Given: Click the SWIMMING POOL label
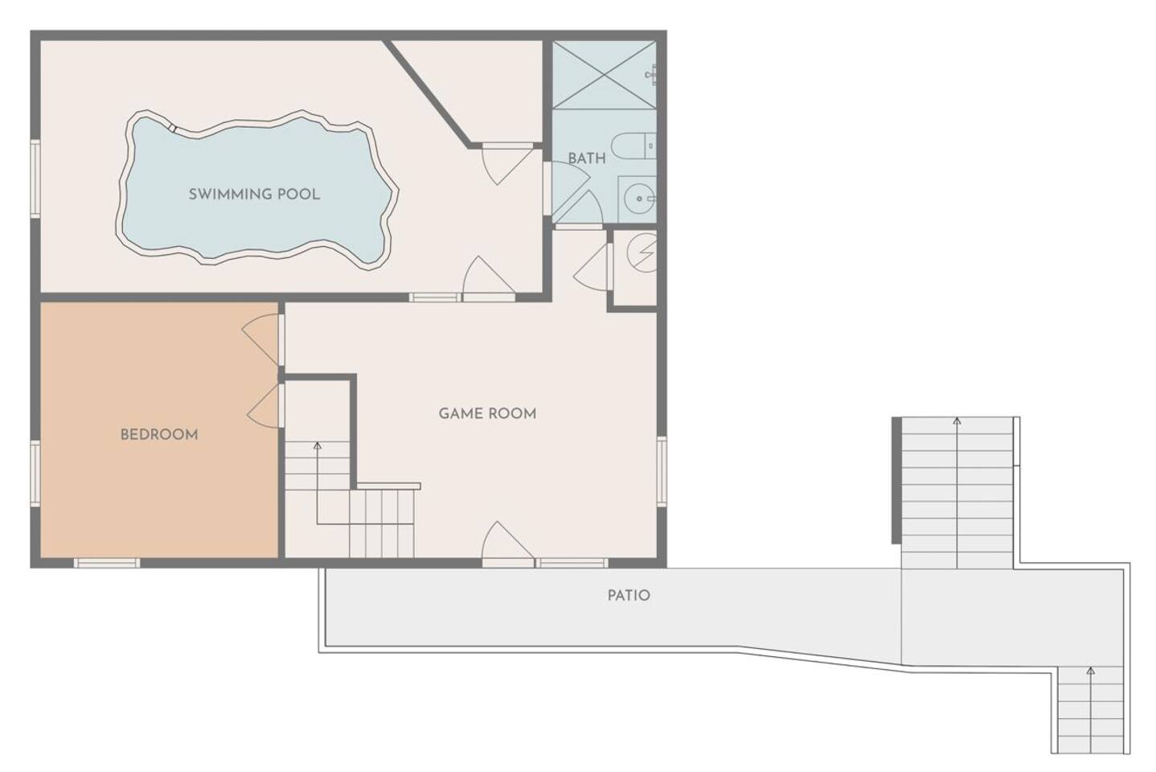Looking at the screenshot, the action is [254, 194].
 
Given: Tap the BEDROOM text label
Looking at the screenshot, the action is [159, 435].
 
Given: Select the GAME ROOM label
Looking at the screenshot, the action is [487, 413].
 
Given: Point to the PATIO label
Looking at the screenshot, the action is [629, 595].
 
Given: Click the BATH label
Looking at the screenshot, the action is [587, 158].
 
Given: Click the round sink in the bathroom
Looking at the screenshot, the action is [639, 199].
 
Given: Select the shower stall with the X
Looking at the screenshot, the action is [605, 75].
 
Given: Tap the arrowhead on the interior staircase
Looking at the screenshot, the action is [318, 446].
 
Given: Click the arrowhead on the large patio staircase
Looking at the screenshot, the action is [957, 421].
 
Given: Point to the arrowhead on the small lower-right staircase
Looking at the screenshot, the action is [1090, 671].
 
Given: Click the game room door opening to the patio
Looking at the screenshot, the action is [507, 542].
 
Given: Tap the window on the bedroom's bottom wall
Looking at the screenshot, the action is [107, 563].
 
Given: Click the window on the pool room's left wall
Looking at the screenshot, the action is [35, 179].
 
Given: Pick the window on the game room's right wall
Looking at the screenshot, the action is [662, 471].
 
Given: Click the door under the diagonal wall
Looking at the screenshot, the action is [507, 164].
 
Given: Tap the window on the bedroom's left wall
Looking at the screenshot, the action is [35, 473].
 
